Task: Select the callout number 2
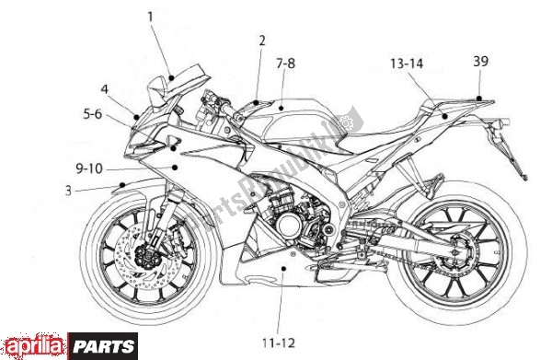click(261, 40)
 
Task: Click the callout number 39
click(481, 62)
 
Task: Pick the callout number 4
click(105, 89)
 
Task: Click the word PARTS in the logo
click(112, 346)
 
